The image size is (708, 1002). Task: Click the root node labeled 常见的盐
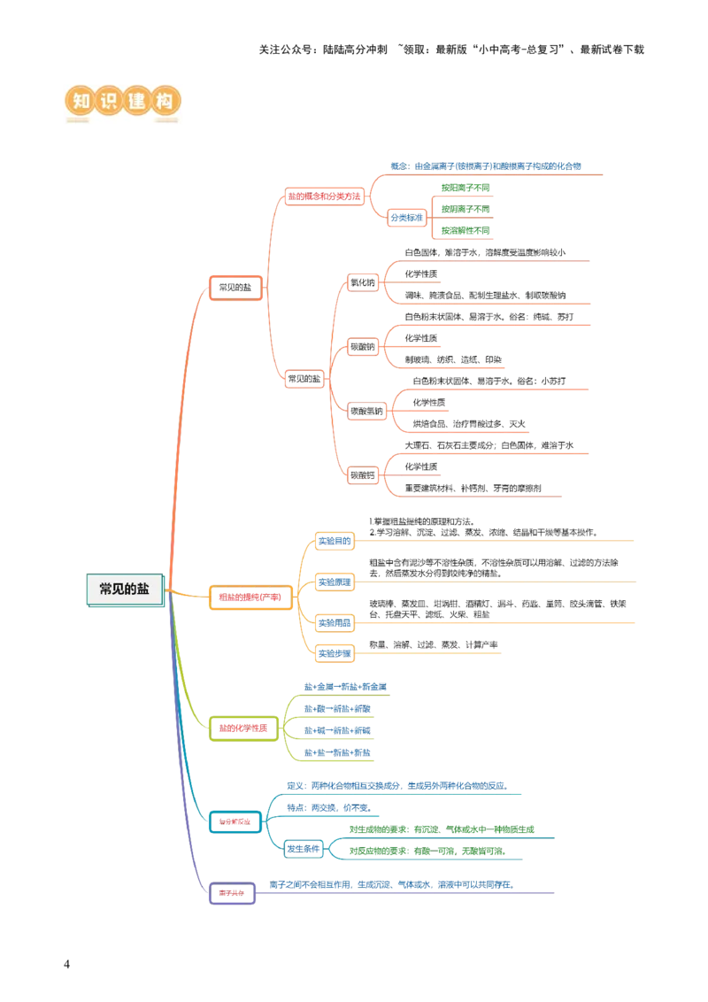(x=125, y=590)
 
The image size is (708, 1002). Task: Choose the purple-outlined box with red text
(x=232, y=893)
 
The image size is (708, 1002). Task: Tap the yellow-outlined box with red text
(x=250, y=597)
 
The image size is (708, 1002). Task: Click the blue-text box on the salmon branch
(x=407, y=217)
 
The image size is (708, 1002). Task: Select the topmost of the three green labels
(x=466, y=187)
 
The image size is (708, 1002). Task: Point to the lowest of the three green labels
(x=466, y=229)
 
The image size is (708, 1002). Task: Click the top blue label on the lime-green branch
(x=346, y=686)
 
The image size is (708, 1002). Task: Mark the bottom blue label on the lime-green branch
(x=338, y=751)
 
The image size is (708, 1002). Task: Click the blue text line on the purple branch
(x=390, y=884)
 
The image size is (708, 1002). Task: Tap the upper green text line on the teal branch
(x=441, y=829)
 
